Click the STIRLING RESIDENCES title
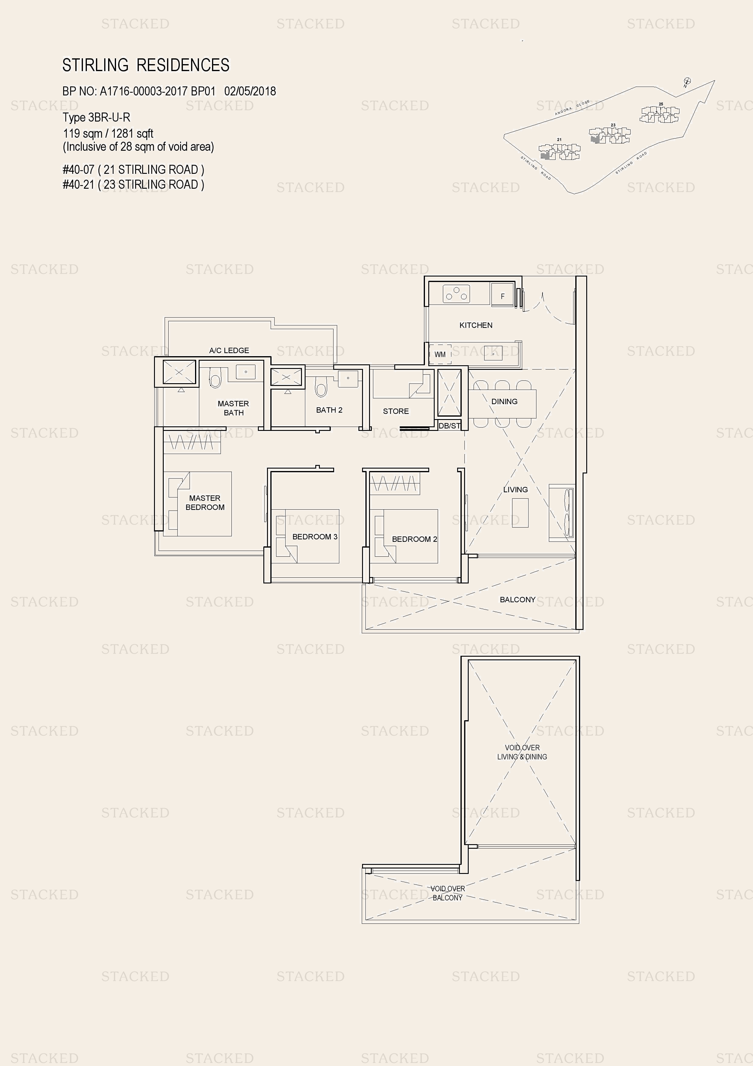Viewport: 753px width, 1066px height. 146,65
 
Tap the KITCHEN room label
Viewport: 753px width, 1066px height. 476,325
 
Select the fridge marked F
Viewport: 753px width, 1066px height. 502,296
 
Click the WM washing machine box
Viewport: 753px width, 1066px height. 440,354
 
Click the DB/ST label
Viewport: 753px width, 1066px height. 449,425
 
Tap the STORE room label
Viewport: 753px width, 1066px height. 396,411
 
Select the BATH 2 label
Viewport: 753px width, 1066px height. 329,410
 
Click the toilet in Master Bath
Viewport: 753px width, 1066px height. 215,378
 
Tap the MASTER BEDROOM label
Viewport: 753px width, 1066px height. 205,502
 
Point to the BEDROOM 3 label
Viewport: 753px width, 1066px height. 315,537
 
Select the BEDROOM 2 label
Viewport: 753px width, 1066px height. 414,539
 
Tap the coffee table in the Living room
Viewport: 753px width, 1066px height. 520,513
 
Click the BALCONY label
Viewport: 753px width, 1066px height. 517,599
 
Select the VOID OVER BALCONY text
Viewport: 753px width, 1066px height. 447,893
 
